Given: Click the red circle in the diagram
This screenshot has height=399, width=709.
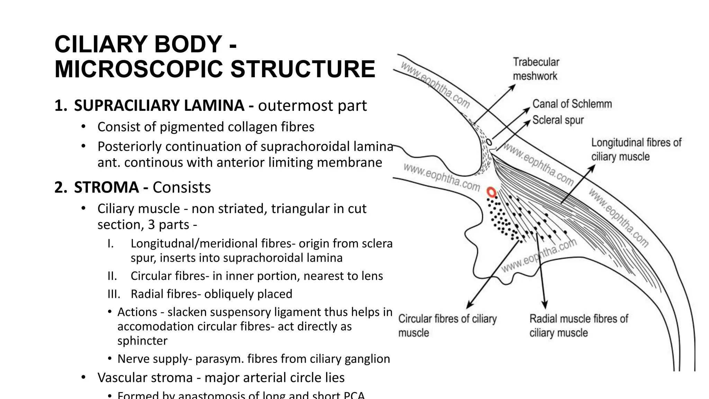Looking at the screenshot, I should (491, 192).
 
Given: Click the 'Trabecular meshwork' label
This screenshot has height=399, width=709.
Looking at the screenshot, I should (536, 69).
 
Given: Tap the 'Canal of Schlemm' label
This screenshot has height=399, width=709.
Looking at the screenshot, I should (572, 104).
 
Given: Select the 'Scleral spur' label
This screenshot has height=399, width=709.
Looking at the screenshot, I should (558, 120).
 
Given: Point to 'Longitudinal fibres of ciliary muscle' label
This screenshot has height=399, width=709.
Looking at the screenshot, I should (636, 149).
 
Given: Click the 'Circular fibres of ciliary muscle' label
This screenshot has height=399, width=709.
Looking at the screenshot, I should (447, 326).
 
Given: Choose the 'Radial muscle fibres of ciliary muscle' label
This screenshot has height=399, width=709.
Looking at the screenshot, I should (578, 326).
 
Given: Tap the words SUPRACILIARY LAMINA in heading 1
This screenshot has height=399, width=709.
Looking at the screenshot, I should (159, 106).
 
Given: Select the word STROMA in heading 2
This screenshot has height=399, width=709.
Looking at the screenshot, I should (106, 187).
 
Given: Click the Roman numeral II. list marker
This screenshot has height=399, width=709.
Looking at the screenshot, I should (112, 276).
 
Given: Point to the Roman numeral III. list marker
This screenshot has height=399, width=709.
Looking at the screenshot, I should (114, 294).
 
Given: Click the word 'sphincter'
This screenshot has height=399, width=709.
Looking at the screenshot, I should (142, 341).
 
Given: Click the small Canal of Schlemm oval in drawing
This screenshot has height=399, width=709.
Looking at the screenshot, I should (488, 142).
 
